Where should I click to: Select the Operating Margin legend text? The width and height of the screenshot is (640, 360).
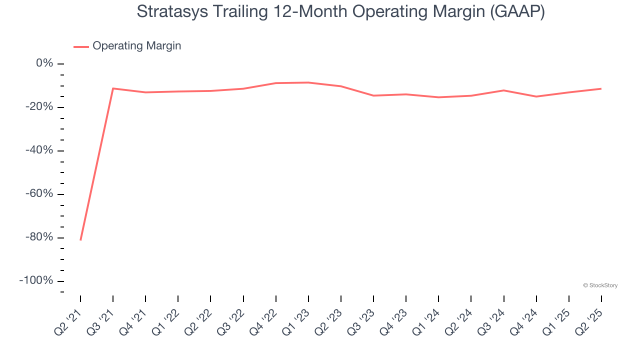[136, 46]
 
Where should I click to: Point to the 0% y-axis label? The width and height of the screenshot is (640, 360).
[44, 63]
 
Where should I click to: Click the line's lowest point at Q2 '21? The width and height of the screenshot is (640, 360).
[80, 240]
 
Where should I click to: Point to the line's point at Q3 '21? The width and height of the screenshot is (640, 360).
[113, 88]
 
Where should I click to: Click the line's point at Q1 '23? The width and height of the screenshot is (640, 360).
[308, 82]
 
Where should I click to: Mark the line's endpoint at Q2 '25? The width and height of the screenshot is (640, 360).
[601, 88]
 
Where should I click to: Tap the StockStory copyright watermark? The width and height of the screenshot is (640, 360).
[600, 285]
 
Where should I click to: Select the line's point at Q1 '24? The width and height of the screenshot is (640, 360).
[438, 97]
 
